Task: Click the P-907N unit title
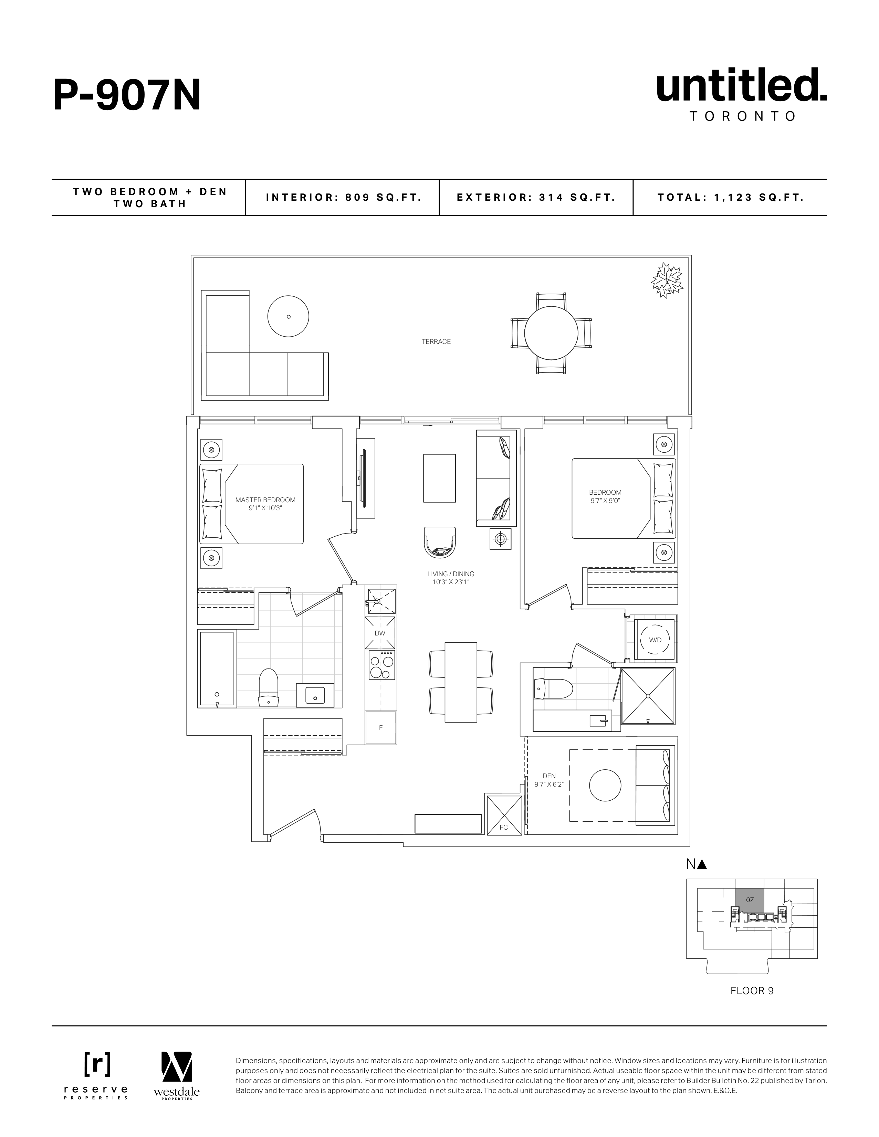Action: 127,96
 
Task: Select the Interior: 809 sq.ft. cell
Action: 343,197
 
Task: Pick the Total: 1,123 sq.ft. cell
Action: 730,197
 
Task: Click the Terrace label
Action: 436,341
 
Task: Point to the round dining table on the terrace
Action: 551,333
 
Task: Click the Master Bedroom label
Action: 265,503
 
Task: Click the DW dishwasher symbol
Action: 380,633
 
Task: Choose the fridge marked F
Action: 381,728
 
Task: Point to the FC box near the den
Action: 504,823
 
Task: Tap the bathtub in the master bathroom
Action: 217,668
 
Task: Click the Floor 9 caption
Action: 751,991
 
